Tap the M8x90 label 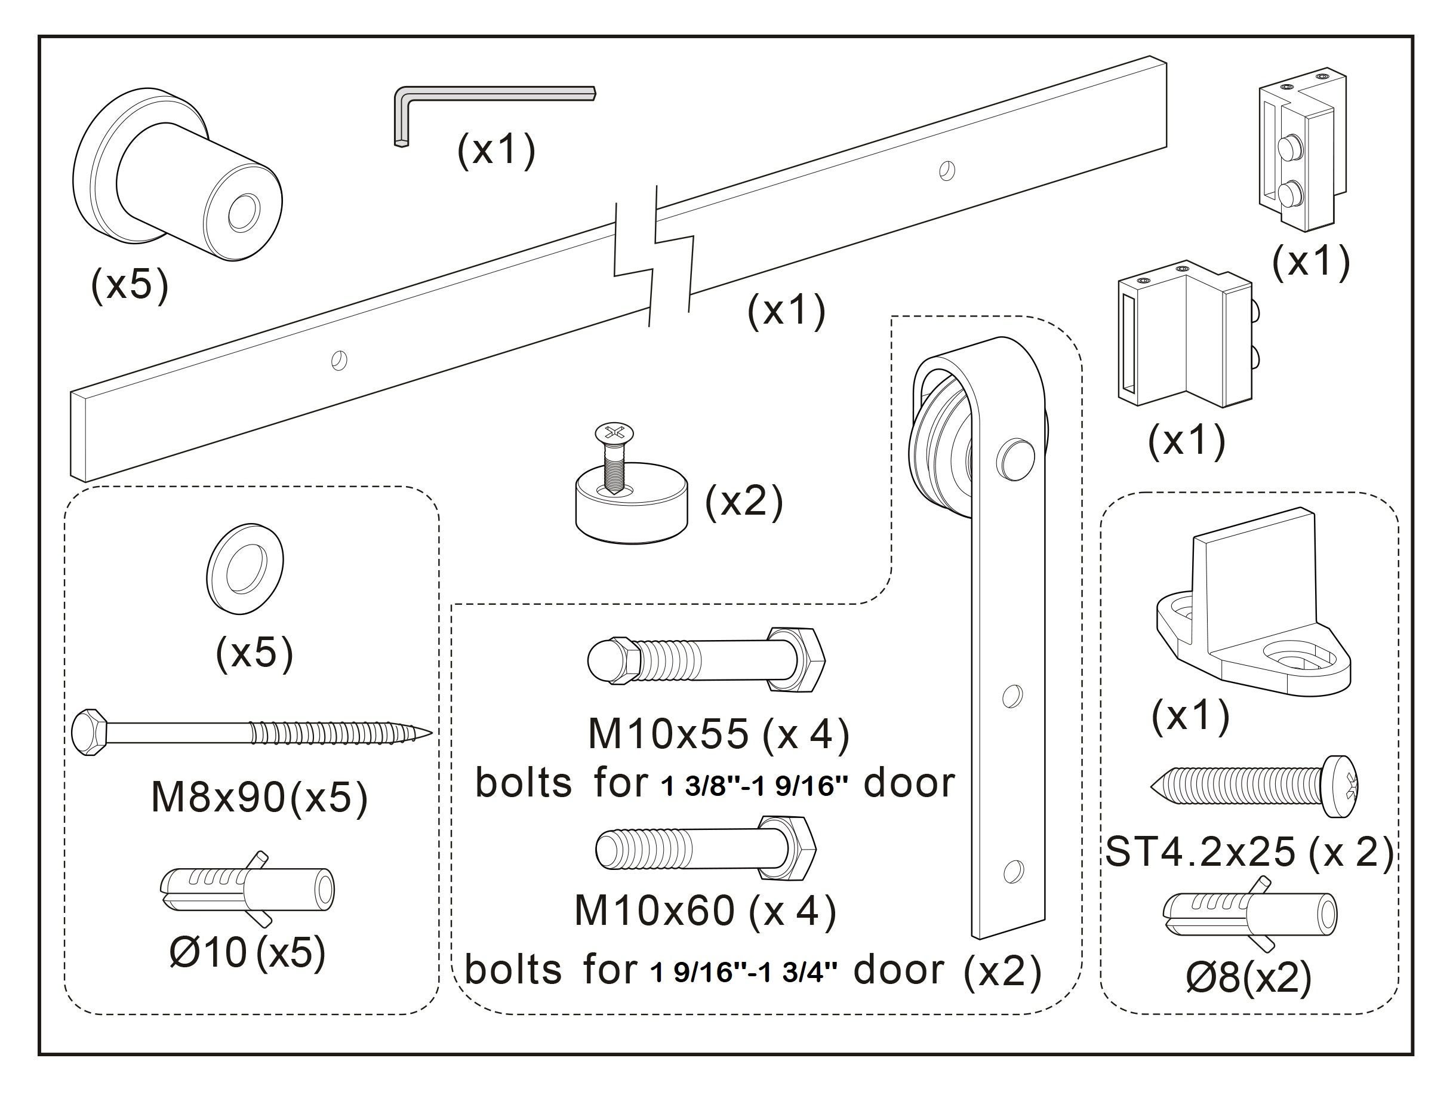coord(218,798)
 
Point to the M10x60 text coord(654,911)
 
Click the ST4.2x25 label coord(1199,852)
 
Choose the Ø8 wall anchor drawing coord(1250,912)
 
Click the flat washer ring coord(245,570)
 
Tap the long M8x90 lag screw coord(250,730)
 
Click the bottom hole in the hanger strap coord(1012,871)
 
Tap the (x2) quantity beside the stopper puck coord(743,502)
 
